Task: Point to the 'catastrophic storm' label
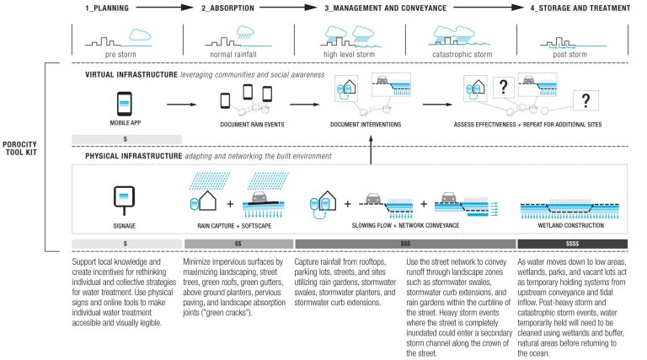click(x=460, y=55)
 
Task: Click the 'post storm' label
click(x=571, y=55)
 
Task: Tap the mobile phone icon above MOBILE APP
click(x=124, y=105)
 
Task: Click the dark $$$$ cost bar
click(x=572, y=244)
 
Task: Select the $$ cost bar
click(x=238, y=244)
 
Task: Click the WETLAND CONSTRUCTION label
click(x=572, y=227)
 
